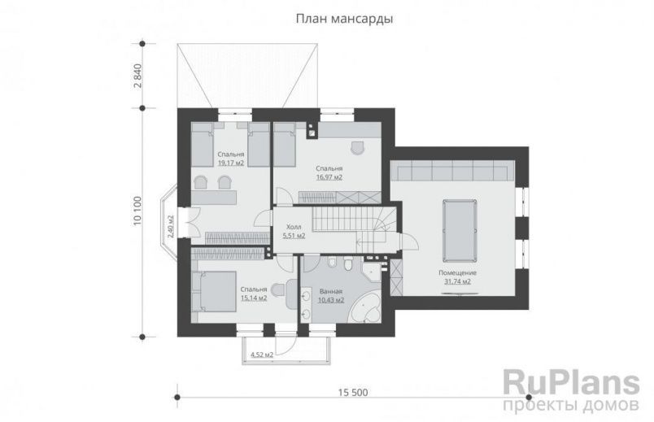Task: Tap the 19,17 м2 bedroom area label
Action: click(x=231, y=163)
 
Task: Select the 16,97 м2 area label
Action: click(x=328, y=176)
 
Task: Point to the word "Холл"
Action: click(x=294, y=228)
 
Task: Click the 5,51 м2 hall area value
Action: click(x=294, y=236)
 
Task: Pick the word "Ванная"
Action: click(x=330, y=291)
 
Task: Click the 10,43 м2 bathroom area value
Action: click(x=330, y=300)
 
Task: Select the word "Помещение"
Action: click(x=457, y=272)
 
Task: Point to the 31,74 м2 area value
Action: click(x=457, y=281)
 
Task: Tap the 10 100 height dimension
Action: click(x=139, y=212)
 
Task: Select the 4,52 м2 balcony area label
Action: click(x=261, y=355)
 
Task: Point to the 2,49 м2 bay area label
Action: click(x=171, y=224)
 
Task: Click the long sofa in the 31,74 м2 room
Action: click(x=452, y=172)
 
